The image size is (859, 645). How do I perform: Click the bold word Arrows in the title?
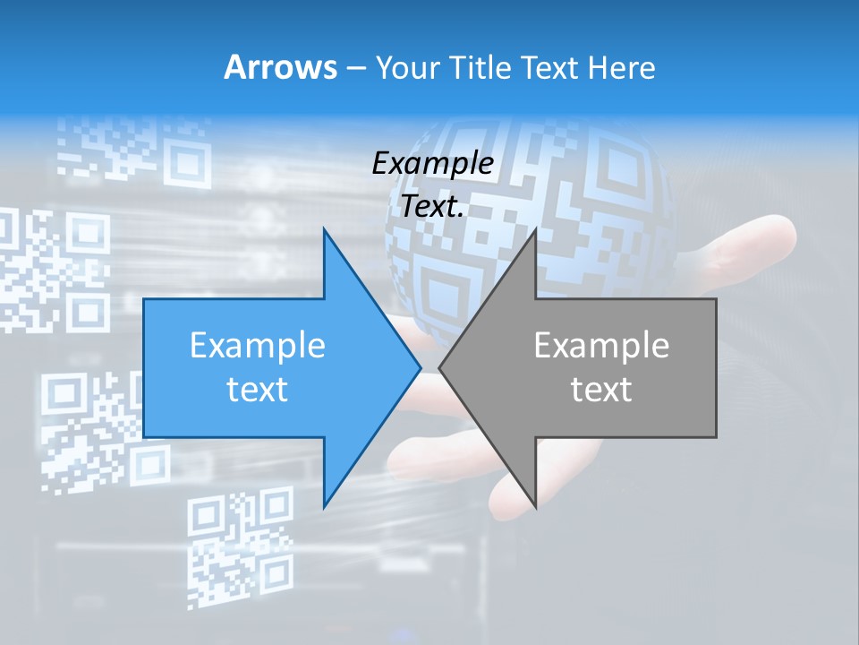point(280,67)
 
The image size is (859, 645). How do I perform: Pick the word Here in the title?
point(623,68)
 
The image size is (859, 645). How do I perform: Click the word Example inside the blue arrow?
point(258,346)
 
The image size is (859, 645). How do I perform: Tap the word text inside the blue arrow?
point(258,389)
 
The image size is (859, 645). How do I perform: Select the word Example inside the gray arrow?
point(601,346)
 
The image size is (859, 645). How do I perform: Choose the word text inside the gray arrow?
point(601,389)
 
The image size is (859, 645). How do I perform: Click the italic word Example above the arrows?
point(433,164)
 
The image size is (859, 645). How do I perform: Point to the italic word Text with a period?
point(433,206)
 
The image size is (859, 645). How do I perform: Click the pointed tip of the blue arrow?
point(420,367)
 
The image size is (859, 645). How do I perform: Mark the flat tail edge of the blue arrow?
point(144,367)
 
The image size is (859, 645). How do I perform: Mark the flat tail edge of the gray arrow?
point(716,367)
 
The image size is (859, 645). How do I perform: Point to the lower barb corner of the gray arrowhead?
point(535,506)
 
